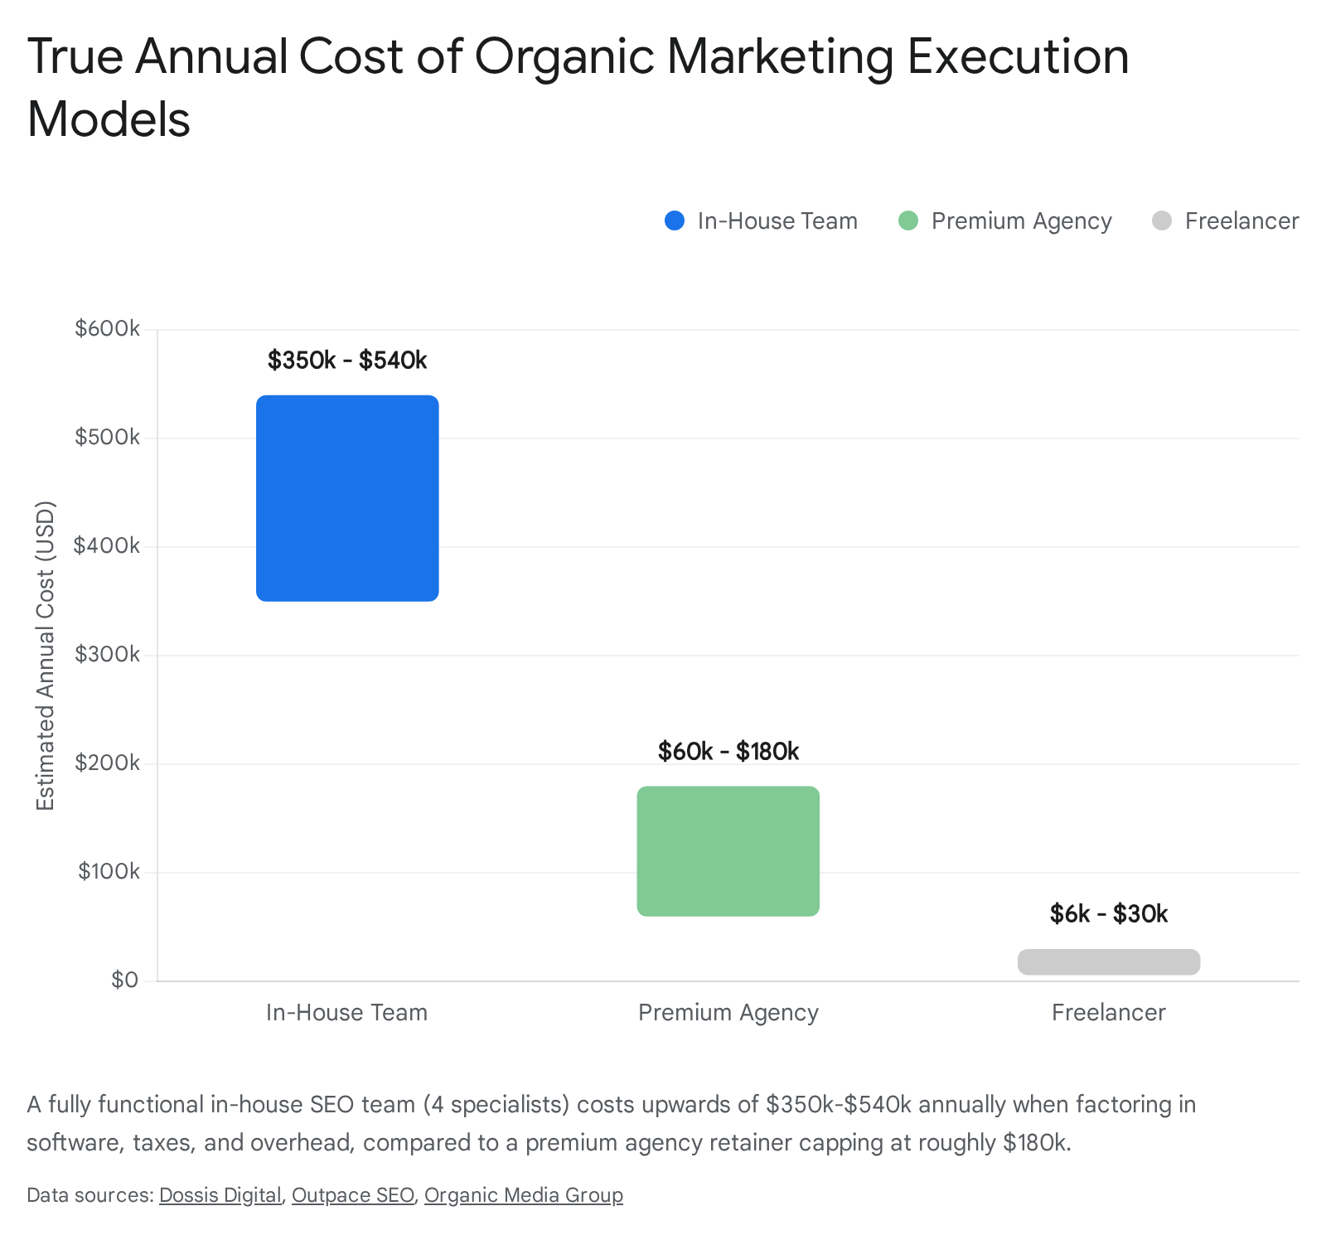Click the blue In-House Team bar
pyautogui.click(x=347, y=498)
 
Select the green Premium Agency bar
pyautogui.click(x=728, y=851)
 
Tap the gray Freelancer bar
pyautogui.click(x=1109, y=962)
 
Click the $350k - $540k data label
pyautogui.click(x=347, y=361)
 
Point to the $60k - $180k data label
pyautogui.click(x=728, y=752)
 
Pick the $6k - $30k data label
pyautogui.click(x=1109, y=914)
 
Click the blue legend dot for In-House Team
pyautogui.click(x=675, y=221)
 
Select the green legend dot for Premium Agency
pyautogui.click(x=908, y=221)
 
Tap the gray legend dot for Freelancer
pyautogui.click(x=1162, y=221)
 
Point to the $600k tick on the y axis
pyautogui.click(x=108, y=329)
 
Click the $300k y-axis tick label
pyautogui.click(x=108, y=655)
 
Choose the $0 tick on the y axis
pyautogui.click(x=125, y=981)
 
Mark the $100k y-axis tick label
pyautogui.click(x=109, y=872)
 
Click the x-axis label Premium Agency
pyautogui.click(x=728, y=1013)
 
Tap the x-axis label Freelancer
pyautogui.click(x=1109, y=1013)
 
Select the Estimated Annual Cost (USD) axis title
pyautogui.click(x=46, y=656)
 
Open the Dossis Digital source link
pyautogui.click(x=220, y=1195)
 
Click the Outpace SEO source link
pyautogui.click(x=353, y=1195)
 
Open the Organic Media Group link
pyautogui.click(x=524, y=1195)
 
